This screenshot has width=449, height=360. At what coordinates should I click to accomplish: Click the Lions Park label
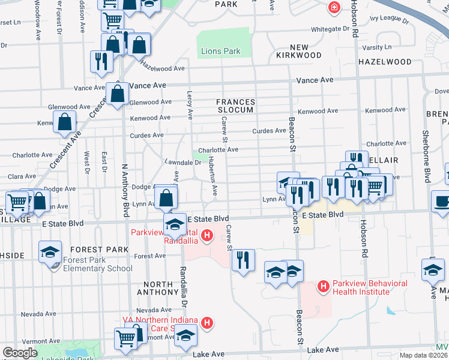pos(220,52)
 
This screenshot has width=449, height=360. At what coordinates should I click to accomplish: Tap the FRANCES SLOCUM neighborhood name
pos(236,106)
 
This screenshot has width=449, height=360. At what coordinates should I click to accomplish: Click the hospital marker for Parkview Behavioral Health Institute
pos(324,287)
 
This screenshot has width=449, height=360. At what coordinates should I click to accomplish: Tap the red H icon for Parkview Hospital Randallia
pos(207,235)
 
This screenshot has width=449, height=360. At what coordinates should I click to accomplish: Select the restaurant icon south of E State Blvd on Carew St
pos(243,260)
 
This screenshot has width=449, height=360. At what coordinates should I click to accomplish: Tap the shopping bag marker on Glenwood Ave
pos(118,94)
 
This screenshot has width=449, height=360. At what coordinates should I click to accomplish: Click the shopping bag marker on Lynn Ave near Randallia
pos(166,198)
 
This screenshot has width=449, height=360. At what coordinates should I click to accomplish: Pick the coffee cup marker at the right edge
pos(442,202)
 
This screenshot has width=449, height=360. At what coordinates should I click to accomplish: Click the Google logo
pos(20,353)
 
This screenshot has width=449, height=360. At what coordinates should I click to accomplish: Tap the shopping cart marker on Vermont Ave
pos(125,339)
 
